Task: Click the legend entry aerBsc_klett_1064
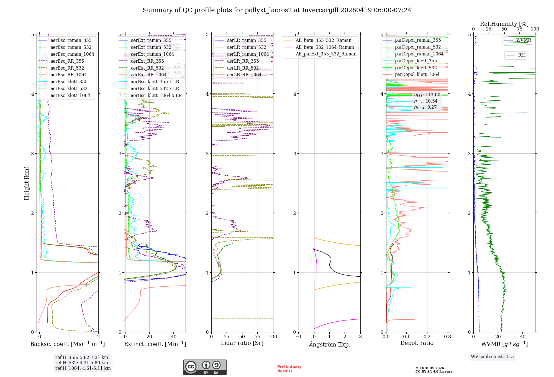[x=70, y=96]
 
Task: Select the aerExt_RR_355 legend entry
[x=147, y=61]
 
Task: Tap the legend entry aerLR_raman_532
[x=246, y=47]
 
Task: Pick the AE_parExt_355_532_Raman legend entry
[x=326, y=54]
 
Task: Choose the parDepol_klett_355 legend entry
[x=416, y=61]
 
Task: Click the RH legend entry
[x=521, y=55]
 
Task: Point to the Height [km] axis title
[x=27, y=183]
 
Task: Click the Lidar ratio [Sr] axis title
[x=242, y=343]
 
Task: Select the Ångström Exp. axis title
[x=329, y=344]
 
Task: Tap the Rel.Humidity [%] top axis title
[x=504, y=24]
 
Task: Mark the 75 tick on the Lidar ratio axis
[x=258, y=337]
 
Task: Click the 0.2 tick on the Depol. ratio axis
[x=427, y=337]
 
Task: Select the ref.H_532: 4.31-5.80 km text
[x=82, y=363]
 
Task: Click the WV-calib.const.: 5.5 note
[x=492, y=356]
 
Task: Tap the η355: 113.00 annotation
[x=427, y=95]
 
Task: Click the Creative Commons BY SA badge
[x=205, y=367]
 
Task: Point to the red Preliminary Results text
[x=289, y=369]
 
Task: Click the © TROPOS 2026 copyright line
[x=430, y=368]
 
